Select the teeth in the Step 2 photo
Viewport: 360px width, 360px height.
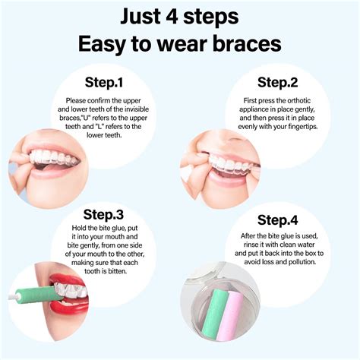pos(229,163)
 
